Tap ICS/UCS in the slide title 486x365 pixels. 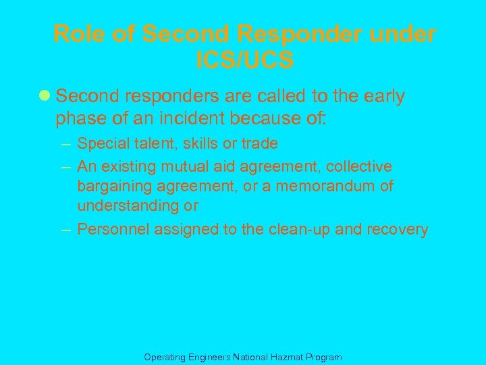(245, 61)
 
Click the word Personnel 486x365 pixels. (113, 230)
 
